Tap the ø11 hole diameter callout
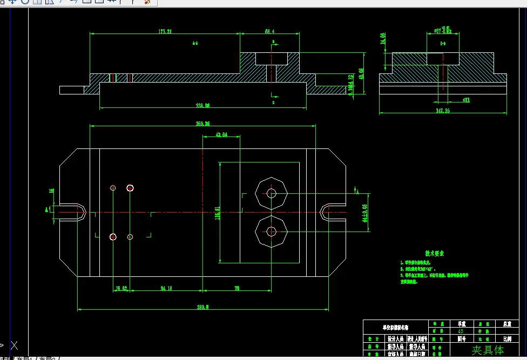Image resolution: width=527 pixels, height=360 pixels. point(451,100)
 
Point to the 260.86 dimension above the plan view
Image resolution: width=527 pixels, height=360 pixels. point(202,124)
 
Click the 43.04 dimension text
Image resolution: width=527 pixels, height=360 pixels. point(221,134)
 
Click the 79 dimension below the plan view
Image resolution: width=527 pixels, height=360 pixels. point(237,288)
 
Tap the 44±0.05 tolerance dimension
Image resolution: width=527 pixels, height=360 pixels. point(365,213)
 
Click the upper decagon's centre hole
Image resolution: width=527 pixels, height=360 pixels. point(271,193)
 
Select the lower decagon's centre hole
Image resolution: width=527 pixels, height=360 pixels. point(271,231)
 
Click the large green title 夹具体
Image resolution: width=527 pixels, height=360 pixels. point(488,350)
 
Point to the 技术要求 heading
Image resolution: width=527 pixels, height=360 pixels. point(434,253)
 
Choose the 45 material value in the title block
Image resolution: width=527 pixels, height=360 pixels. point(461,331)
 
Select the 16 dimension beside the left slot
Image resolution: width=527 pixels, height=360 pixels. point(52,191)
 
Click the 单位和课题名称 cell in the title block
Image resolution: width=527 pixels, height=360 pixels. point(395,327)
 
